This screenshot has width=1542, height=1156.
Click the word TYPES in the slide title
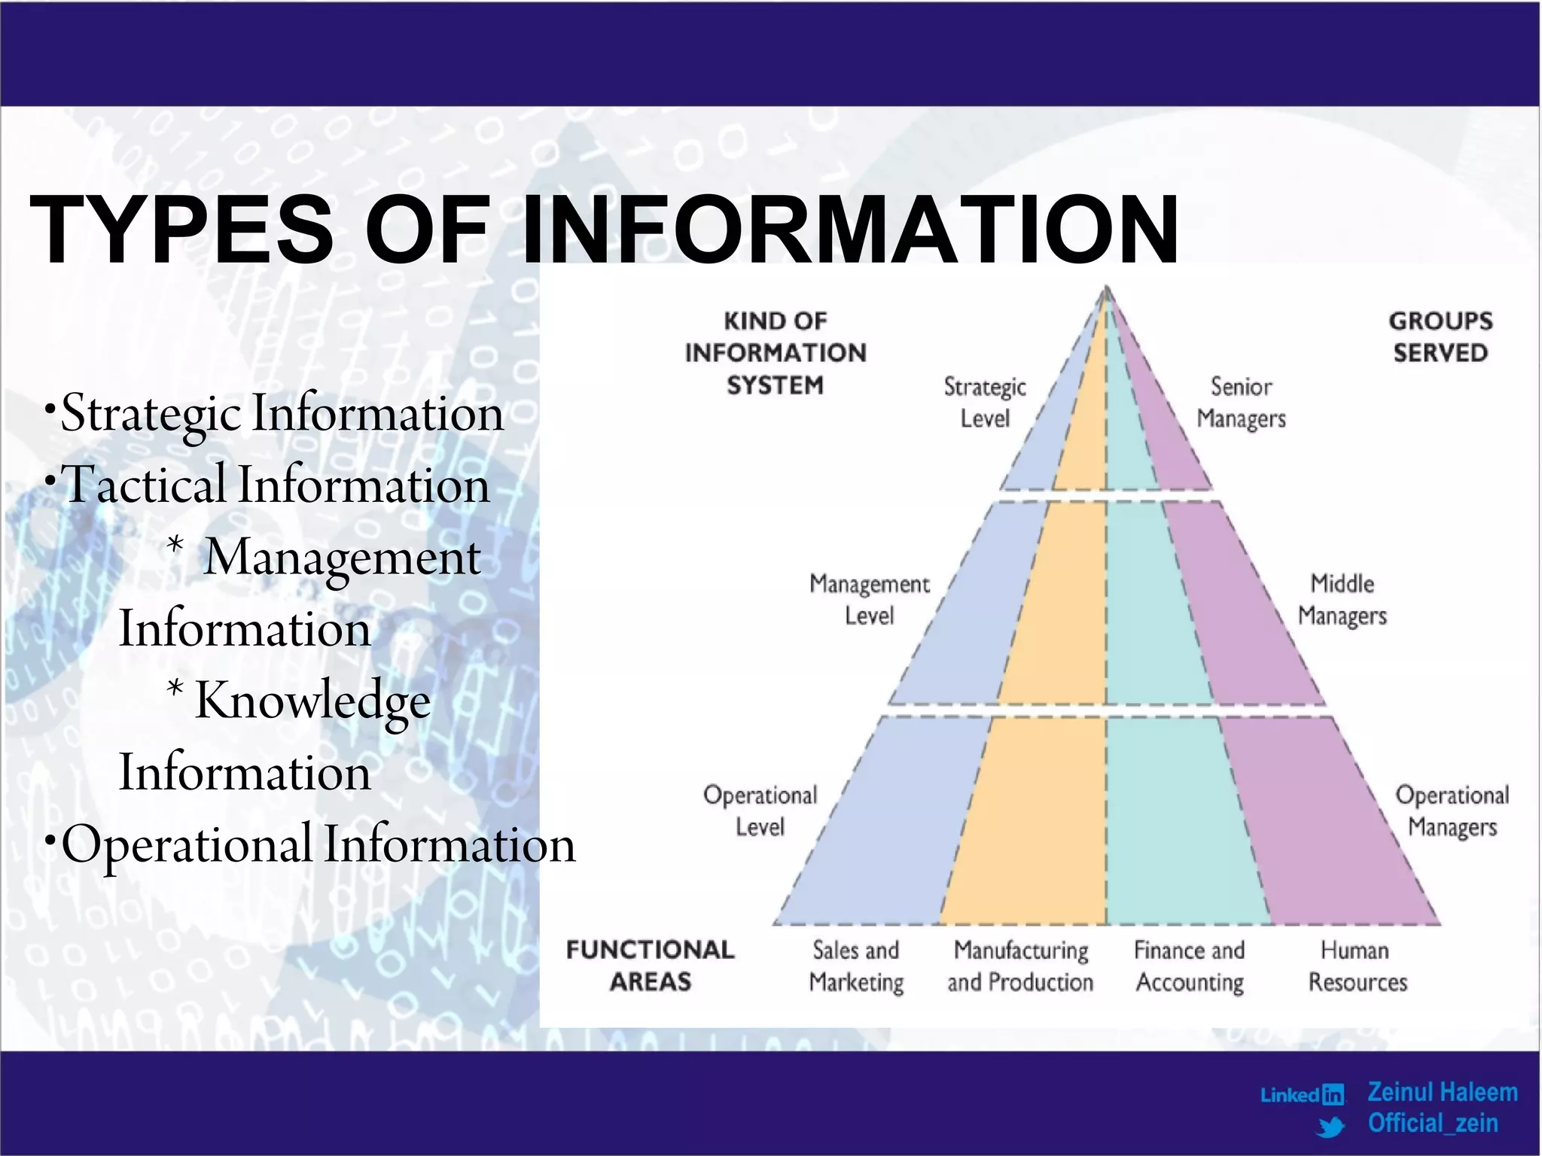[181, 230]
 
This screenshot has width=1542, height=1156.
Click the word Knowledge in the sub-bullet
[312, 701]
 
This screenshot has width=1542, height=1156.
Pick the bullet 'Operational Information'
[317, 844]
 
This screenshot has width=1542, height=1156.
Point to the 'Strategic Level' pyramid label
[985, 403]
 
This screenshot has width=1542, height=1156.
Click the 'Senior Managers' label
[1241, 403]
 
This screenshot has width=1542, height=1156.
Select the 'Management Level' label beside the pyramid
[869, 600]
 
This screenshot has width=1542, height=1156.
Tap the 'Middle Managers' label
[1342, 600]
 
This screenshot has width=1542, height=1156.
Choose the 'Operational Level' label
[760, 811]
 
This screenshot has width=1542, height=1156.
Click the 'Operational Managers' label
[1452, 811]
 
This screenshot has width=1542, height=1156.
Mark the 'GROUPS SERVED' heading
[1440, 336]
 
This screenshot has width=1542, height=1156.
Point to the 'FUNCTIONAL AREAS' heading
[650, 966]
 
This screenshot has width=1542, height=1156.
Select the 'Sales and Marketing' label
[856, 966]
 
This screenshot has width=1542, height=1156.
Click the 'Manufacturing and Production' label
[1020, 966]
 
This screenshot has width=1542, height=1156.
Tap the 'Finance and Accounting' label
[1190, 966]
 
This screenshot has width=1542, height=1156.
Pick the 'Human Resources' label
[1357, 966]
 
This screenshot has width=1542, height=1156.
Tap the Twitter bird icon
[1331, 1127]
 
